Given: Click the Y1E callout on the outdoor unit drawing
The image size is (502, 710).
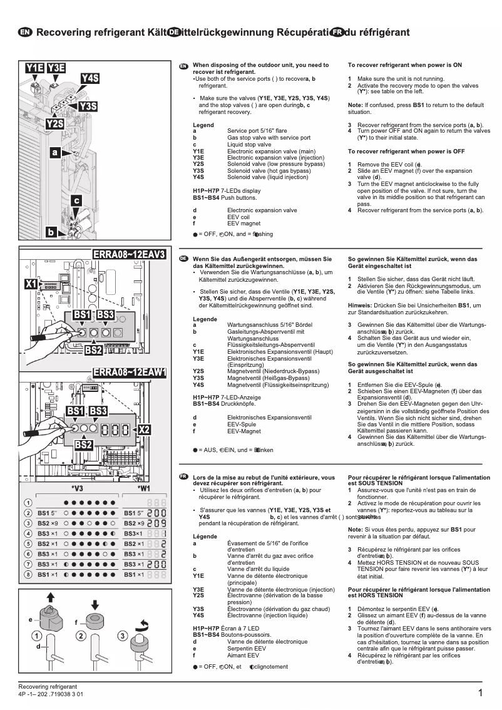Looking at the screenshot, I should point(34,68).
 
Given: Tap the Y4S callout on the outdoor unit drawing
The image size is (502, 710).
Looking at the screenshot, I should point(90,78).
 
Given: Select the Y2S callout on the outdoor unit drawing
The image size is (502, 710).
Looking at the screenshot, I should point(54,124).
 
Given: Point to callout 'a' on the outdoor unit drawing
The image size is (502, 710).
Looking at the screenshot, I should point(55,152).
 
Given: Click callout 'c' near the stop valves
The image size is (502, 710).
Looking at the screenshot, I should point(76,200).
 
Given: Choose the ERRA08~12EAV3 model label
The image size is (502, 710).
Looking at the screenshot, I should point(129,254).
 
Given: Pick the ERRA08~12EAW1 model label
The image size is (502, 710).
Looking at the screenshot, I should point(129,373).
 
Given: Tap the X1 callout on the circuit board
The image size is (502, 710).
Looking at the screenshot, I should point(31,284).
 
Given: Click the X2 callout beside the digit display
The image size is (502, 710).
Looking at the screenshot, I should point(144,430).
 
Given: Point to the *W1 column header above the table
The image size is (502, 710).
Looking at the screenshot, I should point(143,488).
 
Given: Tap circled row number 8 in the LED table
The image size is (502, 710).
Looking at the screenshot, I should point(28,574).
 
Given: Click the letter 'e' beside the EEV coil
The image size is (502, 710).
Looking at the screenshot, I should point(30,619).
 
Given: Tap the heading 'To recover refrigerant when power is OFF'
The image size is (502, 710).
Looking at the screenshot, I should point(406,152).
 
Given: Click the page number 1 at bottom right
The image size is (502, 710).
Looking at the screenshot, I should point(479,692).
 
